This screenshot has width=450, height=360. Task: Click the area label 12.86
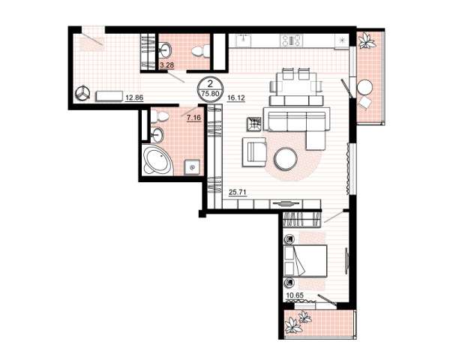click(x=134, y=97)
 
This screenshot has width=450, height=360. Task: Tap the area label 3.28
click(x=166, y=65)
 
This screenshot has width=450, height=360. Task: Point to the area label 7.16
click(x=193, y=118)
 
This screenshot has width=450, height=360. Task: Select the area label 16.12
click(x=236, y=98)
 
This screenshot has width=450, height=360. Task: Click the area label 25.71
click(x=238, y=192)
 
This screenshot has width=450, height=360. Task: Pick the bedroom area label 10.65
click(x=295, y=295)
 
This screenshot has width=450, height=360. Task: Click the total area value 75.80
click(x=210, y=93)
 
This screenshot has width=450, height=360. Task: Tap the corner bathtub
click(x=157, y=160)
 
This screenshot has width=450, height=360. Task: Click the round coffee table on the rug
click(x=286, y=158)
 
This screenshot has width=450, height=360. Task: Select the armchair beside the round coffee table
click(x=254, y=151)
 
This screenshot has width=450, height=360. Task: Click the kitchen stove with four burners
click(x=291, y=40)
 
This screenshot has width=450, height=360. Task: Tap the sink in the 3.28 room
click(x=165, y=49)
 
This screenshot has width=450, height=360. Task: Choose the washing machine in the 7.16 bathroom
click(x=191, y=166)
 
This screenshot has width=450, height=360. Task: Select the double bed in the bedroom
click(x=305, y=261)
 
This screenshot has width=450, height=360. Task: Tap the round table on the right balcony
click(x=364, y=86)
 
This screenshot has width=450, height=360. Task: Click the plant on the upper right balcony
click(x=366, y=40)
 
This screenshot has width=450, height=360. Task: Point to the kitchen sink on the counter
click(x=244, y=40)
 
